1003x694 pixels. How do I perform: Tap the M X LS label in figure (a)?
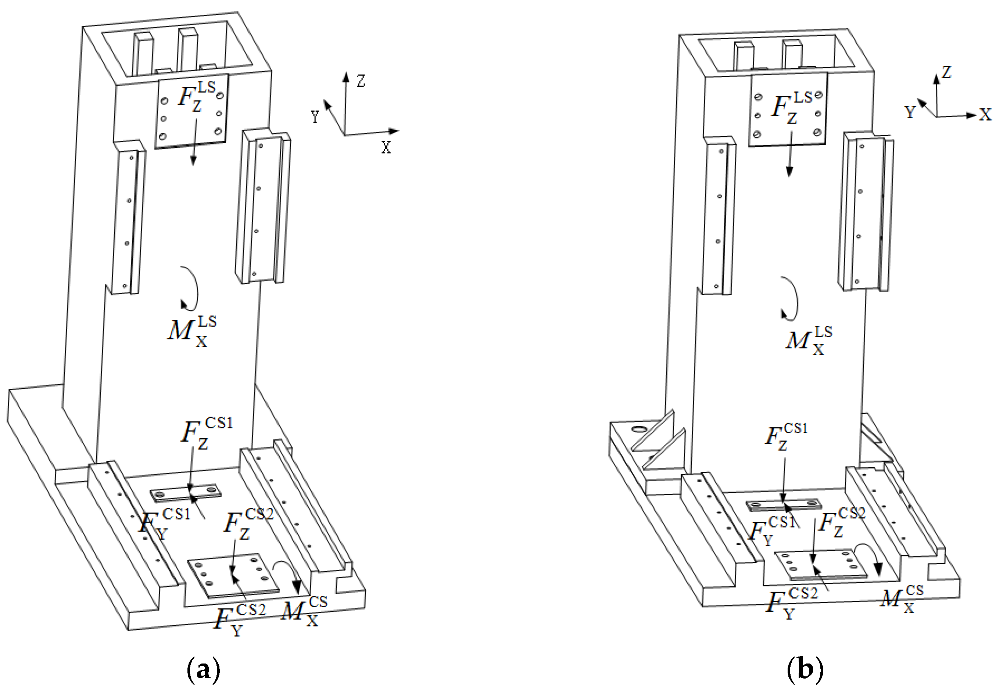[x=192, y=332]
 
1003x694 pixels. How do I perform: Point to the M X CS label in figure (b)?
[x=902, y=599]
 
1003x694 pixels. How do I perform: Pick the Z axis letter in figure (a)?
[x=361, y=81]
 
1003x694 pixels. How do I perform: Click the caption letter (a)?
[x=203, y=670]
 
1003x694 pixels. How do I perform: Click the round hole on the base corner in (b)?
[x=639, y=429]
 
